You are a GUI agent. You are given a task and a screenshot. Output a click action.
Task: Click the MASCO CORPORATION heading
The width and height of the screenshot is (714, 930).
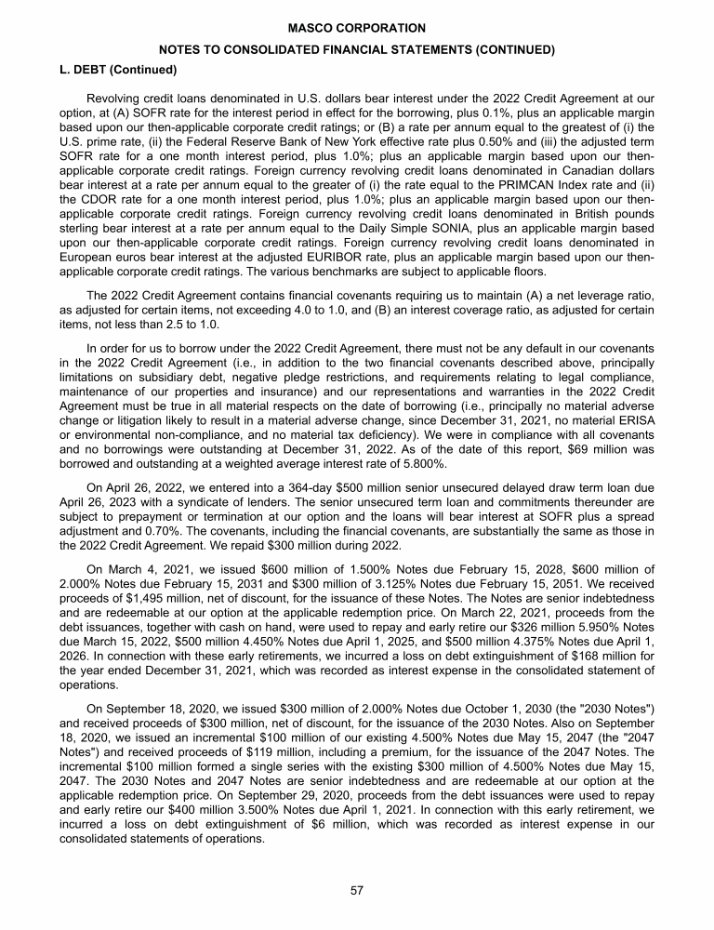(357, 29)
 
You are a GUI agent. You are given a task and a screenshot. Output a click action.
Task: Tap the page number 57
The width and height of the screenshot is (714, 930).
(357, 890)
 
